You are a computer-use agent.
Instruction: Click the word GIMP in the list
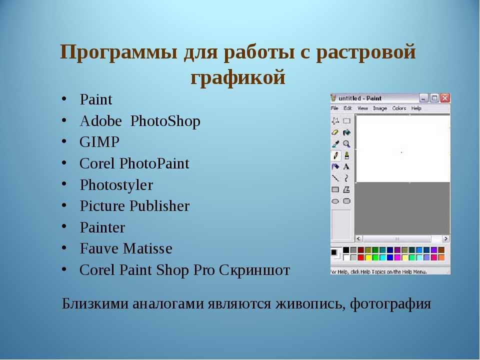point(99,142)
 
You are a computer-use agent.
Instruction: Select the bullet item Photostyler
point(116,185)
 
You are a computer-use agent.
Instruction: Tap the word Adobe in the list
point(100,121)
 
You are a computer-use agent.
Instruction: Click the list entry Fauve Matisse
point(126,248)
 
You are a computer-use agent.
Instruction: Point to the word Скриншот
point(254,270)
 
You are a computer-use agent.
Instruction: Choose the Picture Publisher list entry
point(134,206)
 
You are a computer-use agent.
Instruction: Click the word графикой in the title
point(238,77)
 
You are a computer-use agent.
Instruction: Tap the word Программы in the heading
point(118,52)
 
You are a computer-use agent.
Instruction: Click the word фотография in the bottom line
point(390,304)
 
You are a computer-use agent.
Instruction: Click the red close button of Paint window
point(445,98)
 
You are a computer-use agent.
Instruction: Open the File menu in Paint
point(334,108)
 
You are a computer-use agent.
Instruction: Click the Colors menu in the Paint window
point(399,108)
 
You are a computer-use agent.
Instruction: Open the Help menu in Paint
point(416,108)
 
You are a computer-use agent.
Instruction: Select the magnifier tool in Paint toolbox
point(346,144)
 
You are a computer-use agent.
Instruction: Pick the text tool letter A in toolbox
point(346,167)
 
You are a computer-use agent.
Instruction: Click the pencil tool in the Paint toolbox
point(335,155)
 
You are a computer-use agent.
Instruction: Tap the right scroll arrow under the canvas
point(445,238)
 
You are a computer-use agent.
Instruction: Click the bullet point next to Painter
point(64,227)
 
